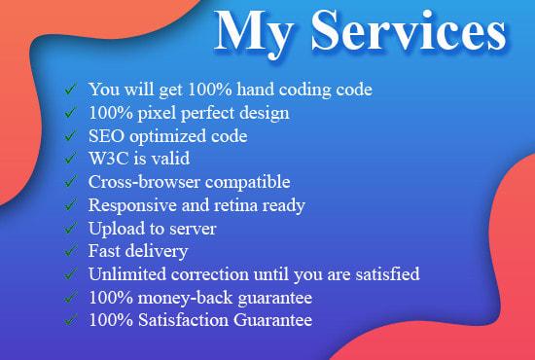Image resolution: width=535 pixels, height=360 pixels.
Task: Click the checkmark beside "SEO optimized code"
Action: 70,136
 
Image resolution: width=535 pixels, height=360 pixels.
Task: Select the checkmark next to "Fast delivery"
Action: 70,252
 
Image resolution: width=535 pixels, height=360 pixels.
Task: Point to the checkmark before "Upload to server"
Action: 70,229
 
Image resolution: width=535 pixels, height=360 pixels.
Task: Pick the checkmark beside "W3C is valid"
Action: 70,160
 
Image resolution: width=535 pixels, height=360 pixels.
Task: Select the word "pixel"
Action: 155,113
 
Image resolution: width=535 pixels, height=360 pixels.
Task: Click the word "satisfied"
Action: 384,275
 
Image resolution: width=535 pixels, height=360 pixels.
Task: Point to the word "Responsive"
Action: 135,205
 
